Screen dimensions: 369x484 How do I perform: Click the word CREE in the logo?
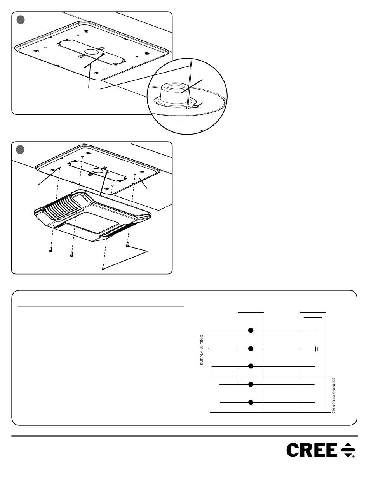(312, 450)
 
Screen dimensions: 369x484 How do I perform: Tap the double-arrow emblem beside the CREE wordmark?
(348, 450)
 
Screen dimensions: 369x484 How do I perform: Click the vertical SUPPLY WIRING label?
(202, 350)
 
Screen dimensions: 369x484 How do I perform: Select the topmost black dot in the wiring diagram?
(251, 330)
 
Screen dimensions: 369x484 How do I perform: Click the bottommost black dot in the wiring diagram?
(251, 402)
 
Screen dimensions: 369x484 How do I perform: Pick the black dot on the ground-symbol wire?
(251, 349)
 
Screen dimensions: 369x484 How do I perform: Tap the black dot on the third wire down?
(251, 366)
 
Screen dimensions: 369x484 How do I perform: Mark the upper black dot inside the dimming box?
(251, 384)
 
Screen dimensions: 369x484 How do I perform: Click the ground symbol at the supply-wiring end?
(210, 349)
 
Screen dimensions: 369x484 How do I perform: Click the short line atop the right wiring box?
(313, 317)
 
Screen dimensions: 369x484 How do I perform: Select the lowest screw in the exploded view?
(103, 267)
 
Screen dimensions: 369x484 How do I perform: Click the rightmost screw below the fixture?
(127, 245)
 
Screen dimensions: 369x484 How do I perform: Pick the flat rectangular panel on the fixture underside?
(92, 222)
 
